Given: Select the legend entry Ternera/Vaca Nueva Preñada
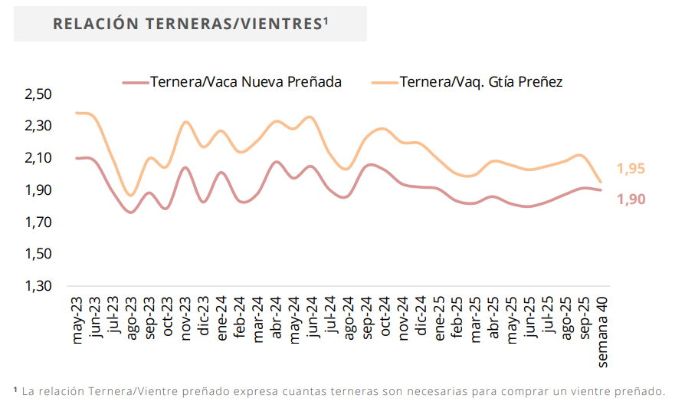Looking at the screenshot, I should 245,82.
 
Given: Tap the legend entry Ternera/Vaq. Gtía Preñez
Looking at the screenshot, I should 480,82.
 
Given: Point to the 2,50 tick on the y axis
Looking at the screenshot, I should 38,94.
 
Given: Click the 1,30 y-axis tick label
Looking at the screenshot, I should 38,286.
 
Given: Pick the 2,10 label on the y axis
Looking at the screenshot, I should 38,158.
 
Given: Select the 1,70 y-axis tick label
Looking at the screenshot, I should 38,222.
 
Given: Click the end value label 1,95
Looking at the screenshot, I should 631,170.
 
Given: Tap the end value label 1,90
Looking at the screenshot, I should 631,199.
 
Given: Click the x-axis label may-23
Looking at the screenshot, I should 77,322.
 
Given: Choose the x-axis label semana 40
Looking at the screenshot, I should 603,331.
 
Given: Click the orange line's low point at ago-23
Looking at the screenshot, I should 131,196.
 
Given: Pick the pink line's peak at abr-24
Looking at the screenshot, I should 276,162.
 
